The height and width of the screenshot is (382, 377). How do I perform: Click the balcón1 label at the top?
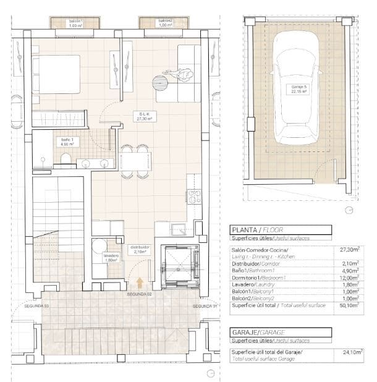pos(75,23)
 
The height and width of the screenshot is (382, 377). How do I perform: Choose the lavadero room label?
pos(111,258)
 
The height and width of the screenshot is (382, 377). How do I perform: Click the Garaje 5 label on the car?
pos(299,89)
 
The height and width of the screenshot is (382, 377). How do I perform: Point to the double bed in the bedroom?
pos(56,74)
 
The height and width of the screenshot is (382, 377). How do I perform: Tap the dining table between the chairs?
pos(135,161)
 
